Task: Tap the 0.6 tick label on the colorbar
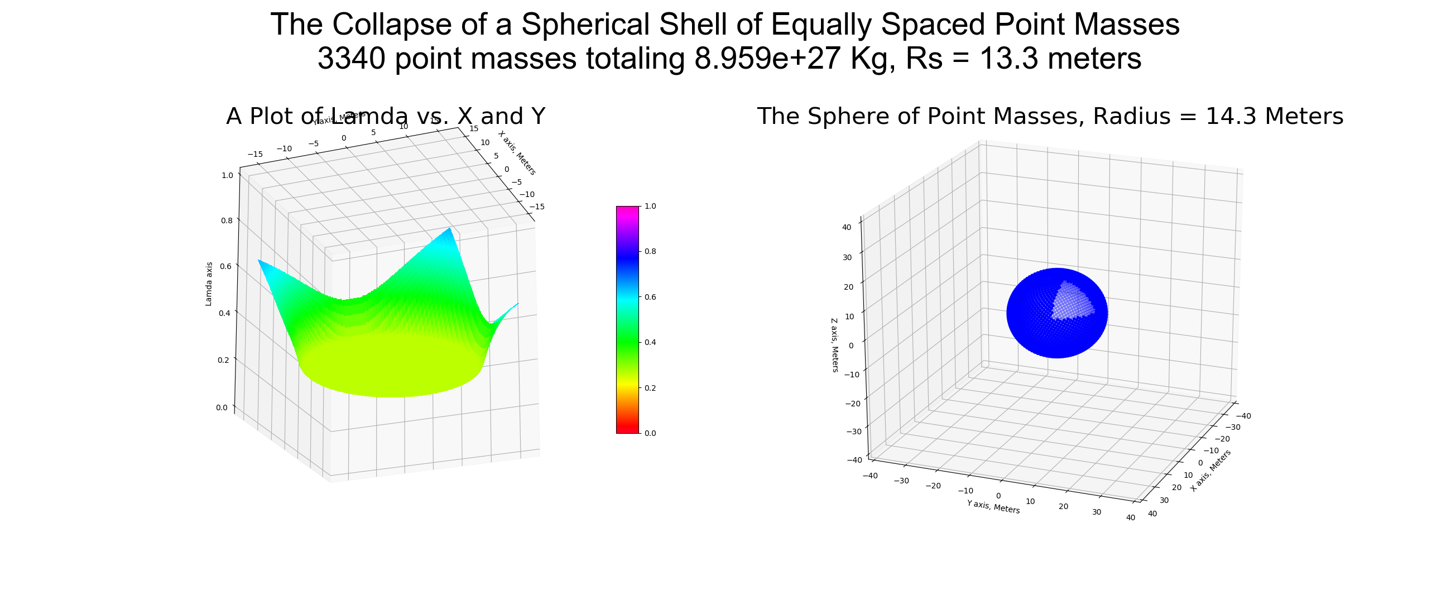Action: pyautogui.click(x=650, y=297)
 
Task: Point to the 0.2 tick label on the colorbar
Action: pyautogui.click(x=650, y=388)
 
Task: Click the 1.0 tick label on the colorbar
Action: pyautogui.click(x=650, y=206)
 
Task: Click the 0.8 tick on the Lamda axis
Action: pyautogui.click(x=227, y=220)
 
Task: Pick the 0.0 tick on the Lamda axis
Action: pyautogui.click(x=222, y=408)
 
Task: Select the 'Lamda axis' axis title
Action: pyautogui.click(x=209, y=284)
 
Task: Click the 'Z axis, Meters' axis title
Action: pyautogui.click(x=834, y=345)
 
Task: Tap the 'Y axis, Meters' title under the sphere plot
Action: pyautogui.click(x=993, y=506)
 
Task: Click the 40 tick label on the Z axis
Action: pyautogui.click(x=846, y=228)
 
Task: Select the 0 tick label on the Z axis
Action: pyautogui.click(x=851, y=346)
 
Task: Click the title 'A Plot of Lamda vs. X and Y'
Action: pyautogui.click(x=385, y=116)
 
